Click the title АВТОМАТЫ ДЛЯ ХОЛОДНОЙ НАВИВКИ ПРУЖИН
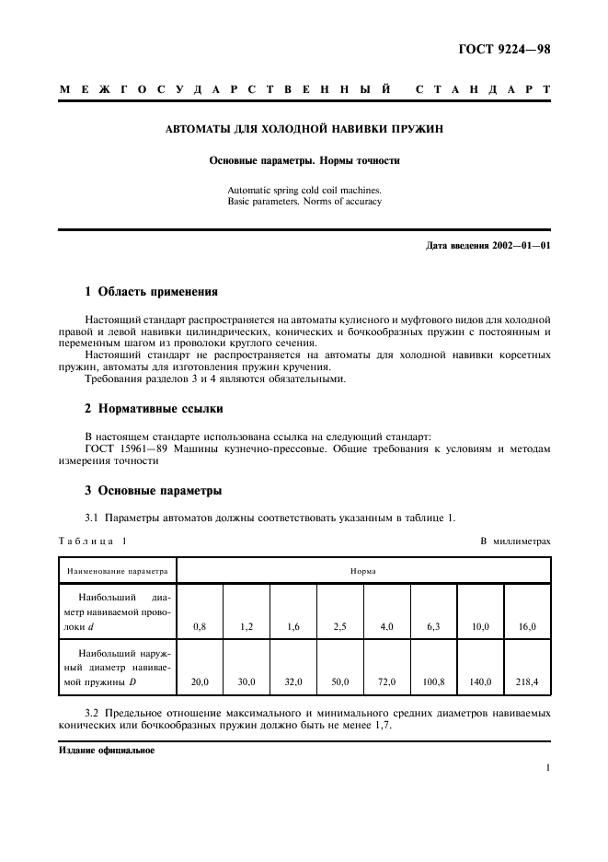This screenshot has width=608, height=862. tap(304, 129)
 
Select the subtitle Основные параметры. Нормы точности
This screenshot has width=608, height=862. tap(304, 160)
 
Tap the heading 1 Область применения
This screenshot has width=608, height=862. tap(151, 292)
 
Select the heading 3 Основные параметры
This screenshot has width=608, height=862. tap(153, 490)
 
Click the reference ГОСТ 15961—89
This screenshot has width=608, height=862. tap(125, 449)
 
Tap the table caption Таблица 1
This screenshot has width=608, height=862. tap(93, 541)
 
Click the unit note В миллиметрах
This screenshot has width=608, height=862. tap(515, 541)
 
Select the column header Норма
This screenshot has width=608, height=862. tap(362, 571)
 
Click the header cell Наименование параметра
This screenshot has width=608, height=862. tap(117, 571)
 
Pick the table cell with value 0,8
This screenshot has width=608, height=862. tap(200, 626)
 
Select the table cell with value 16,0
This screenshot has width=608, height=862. tap(528, 626)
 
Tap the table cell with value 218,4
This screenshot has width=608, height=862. tap(528, 682)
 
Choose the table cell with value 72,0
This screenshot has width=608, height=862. tap(386, 682)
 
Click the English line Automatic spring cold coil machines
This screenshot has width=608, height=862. tap(304, 190)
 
